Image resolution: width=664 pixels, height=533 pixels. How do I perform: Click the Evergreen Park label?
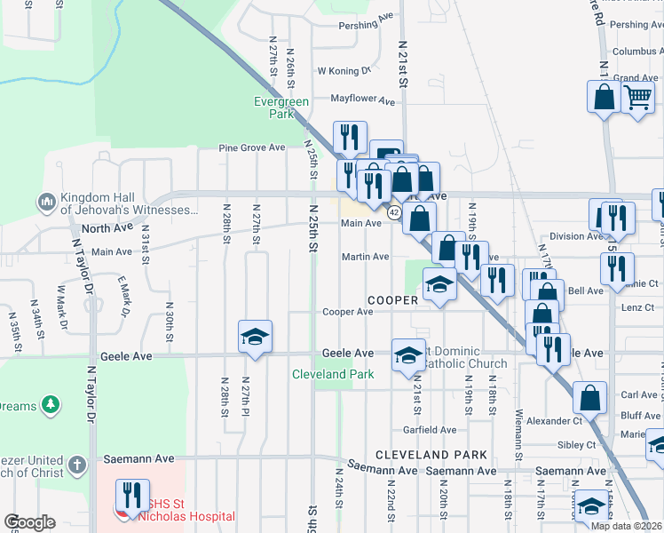pos(281,107)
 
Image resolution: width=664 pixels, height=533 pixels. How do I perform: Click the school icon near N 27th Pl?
pos(255,337)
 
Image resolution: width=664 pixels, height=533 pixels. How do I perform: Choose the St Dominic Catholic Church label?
pos(463,358)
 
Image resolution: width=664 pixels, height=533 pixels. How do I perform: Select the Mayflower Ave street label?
pos(361,100)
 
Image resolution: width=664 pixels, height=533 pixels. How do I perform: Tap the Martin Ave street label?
pos(366,257)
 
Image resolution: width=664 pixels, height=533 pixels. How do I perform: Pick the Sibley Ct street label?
pos(577,444)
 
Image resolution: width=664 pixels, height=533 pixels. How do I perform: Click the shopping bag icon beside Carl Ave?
pos(590,398)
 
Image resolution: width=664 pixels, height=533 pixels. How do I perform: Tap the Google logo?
pos(29,522)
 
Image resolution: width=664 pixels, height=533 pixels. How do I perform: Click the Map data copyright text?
pos(625,526)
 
